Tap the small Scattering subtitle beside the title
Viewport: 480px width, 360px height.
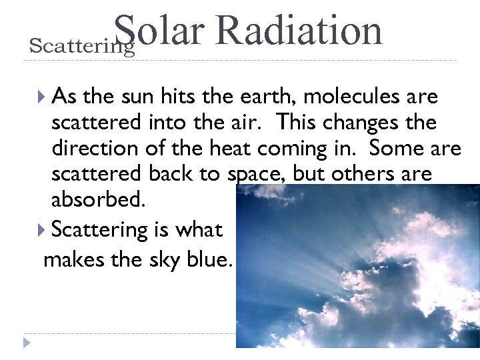point(82,47)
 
